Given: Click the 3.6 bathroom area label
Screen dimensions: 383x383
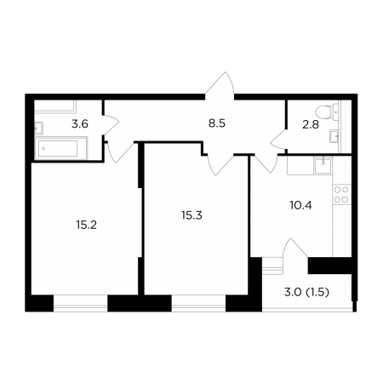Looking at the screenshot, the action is coord(80,124).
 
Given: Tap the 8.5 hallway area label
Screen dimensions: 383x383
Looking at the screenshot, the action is coord(217,123).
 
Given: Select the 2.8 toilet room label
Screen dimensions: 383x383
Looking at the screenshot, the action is coord(311,124).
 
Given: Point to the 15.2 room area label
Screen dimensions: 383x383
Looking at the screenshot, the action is coord(87,225).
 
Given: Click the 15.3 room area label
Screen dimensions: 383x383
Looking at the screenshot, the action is coord(191,215).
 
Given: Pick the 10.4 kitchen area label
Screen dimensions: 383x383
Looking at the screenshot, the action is coord(301,205).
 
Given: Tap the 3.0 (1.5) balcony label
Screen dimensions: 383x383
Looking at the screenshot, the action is coord(306,292).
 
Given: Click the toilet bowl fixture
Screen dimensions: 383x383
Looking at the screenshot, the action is coord(327,111).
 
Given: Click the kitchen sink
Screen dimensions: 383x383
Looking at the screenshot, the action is coord(323,166).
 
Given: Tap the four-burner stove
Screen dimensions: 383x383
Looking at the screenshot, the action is coord(341,194).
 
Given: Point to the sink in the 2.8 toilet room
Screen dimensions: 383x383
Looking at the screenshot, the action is coord(334,136).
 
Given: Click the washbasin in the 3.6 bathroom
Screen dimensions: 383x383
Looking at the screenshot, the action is coord(39,128).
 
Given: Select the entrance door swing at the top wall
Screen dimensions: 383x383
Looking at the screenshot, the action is coord(220,85).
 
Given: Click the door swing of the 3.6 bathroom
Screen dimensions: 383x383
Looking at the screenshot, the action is coord(111,125).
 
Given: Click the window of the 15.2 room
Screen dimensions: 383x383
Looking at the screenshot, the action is coord(81,304).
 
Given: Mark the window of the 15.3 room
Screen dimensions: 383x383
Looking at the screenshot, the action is coord(198,304).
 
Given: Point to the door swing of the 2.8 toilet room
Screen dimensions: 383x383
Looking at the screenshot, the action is coord(278,139).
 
